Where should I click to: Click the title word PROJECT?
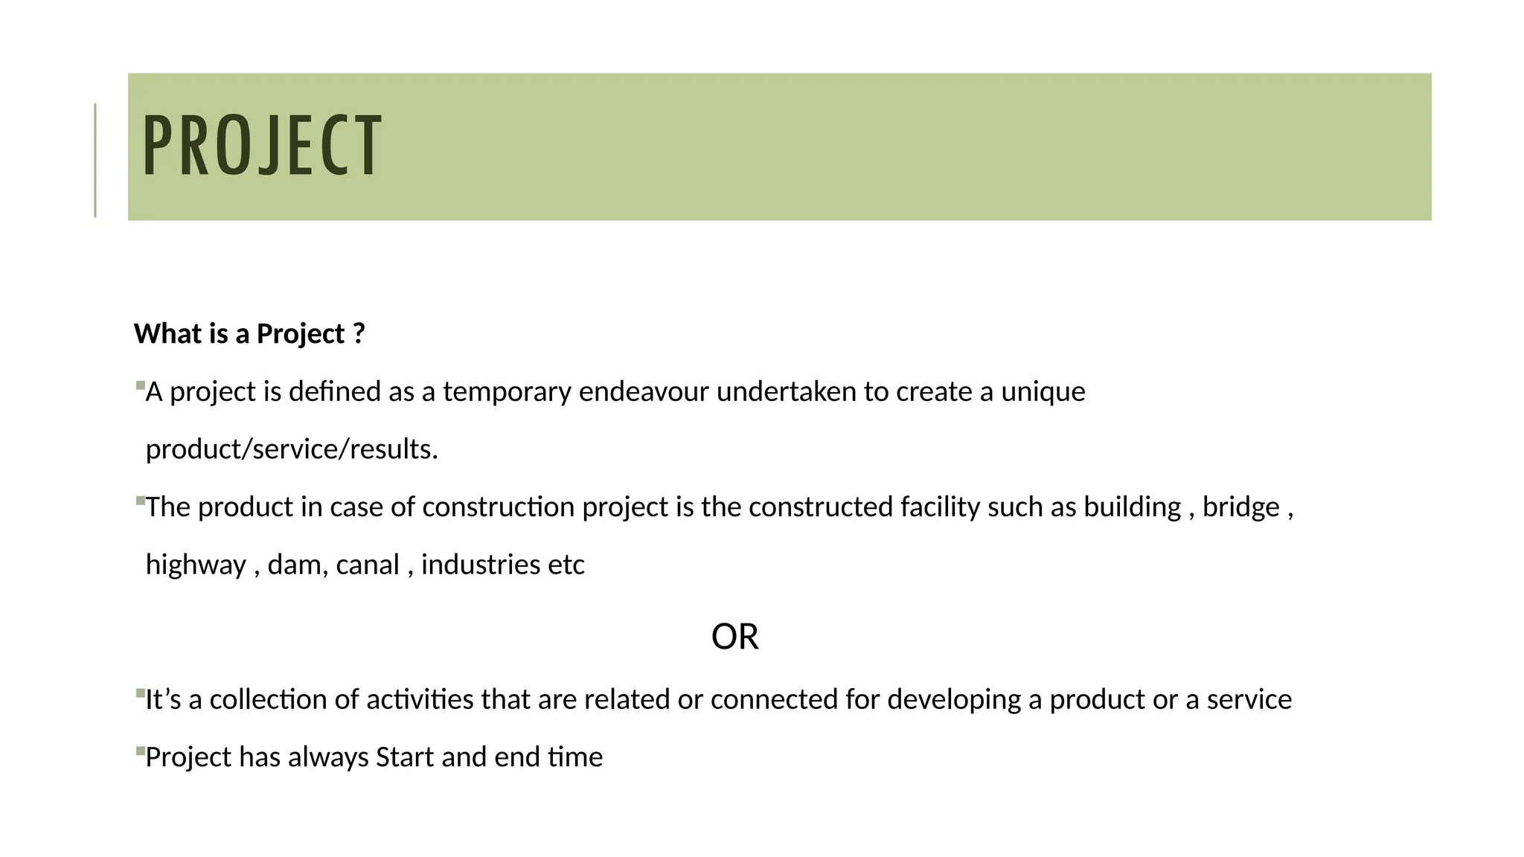point(262,146)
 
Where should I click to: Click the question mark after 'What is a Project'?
point(359,334)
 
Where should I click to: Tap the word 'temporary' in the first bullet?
point(507,392)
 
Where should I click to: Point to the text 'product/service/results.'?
point(292,449)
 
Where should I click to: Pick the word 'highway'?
point(195,565)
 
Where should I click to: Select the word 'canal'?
point(368,565)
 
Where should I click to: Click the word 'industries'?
point(481,565)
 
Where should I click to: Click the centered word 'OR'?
point(734,638)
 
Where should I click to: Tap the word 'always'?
point(328,757)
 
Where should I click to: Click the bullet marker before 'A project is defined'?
point(140,385)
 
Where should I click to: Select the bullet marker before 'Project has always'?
point(140,751)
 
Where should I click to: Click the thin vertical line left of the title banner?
point(95,160)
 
